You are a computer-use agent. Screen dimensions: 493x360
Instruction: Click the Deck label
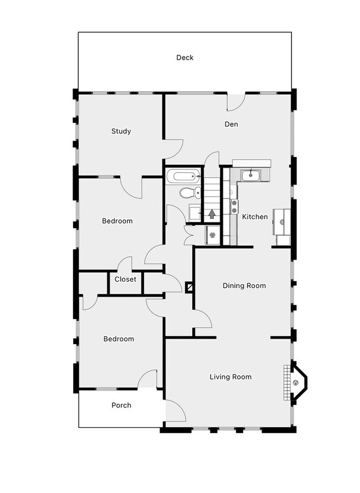(185, 58)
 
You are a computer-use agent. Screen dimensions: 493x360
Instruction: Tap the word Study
(121, 131)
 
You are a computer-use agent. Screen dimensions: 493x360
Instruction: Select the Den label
(231, 124)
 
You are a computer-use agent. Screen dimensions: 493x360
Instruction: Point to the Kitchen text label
(255, 217)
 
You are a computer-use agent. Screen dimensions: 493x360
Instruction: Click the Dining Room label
(244, 286)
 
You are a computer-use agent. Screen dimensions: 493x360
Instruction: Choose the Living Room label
(230, 377)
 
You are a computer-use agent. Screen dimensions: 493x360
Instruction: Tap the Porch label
(121, 405)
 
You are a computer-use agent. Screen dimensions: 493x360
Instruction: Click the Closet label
(125, 279)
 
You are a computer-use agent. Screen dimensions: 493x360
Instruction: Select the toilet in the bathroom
(190, 193)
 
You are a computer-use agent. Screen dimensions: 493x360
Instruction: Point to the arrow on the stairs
(212, 214)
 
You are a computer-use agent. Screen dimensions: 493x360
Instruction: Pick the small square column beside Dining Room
(189, 287)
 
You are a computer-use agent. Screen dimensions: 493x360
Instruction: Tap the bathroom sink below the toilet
(194, 212)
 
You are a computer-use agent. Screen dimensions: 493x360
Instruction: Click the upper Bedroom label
(117, 221)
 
